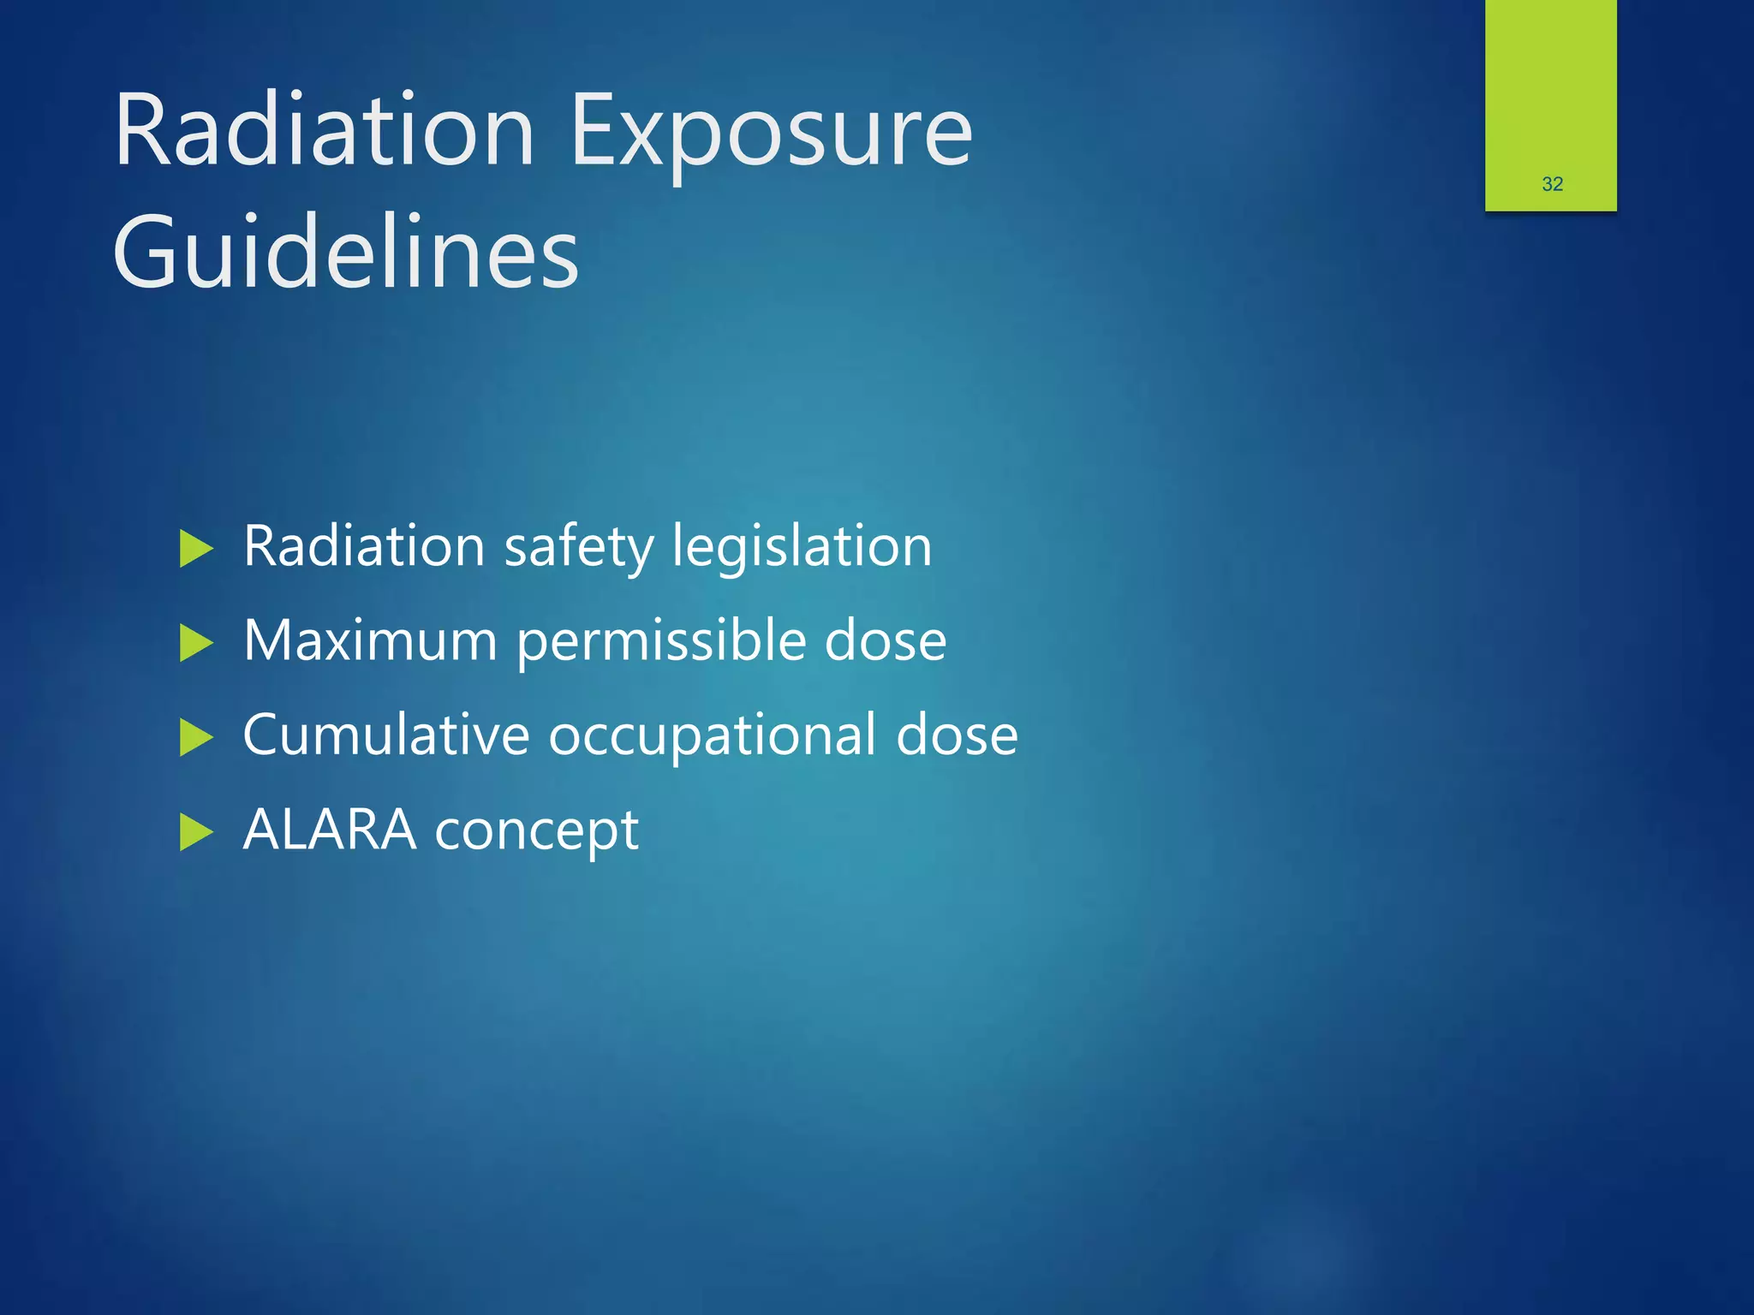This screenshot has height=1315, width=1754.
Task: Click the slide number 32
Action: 1552,184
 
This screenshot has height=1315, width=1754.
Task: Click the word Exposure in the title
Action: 771,133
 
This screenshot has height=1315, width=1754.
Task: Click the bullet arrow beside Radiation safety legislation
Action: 196,549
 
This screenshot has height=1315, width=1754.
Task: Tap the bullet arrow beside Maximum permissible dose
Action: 196,643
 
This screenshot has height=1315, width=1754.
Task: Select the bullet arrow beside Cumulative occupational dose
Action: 196,737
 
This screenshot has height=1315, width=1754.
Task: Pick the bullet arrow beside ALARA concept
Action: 196,832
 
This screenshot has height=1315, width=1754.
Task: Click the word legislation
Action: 802,548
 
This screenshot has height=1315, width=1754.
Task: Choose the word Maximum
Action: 370,641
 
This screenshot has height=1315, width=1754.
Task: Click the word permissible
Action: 660,643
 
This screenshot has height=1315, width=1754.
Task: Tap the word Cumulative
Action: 386,735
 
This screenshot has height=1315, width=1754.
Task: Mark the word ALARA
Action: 330,830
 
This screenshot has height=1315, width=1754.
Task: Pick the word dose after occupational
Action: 957,735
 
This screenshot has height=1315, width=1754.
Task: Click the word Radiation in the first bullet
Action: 365,547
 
